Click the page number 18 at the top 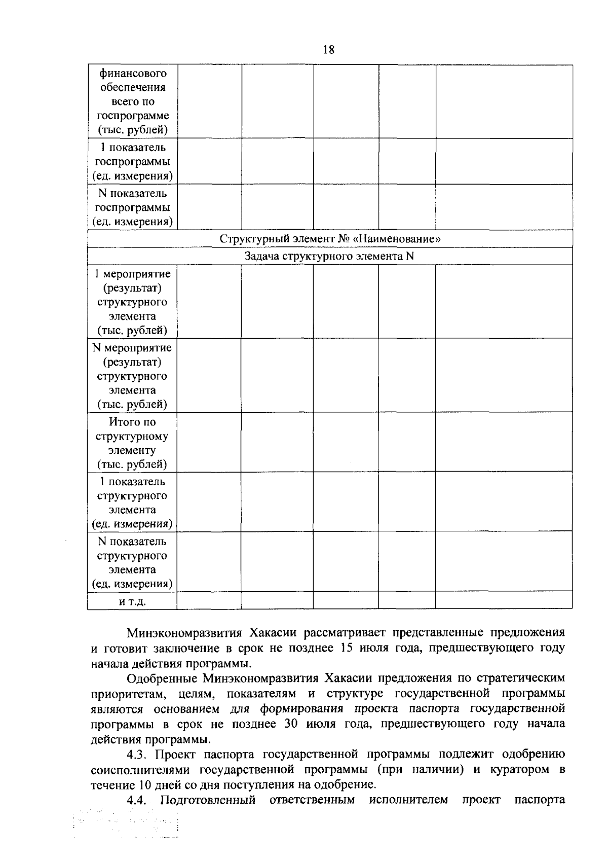tap(328, 49)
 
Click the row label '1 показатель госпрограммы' tap(132, 161)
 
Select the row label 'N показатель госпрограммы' tap(132, 207)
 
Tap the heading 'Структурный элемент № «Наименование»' tap(330, 238)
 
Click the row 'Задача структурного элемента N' tap(330, 256)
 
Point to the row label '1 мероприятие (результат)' tap(132, 301)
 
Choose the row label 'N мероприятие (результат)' tap(132, 375)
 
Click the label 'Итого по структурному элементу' tap(132, 442)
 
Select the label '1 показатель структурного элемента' tap(132, 502)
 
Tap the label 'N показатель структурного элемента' tap(132, 562)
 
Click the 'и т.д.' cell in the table tap(132, 601)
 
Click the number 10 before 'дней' tap(143, 784)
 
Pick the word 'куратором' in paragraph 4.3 tap(518, 769)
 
